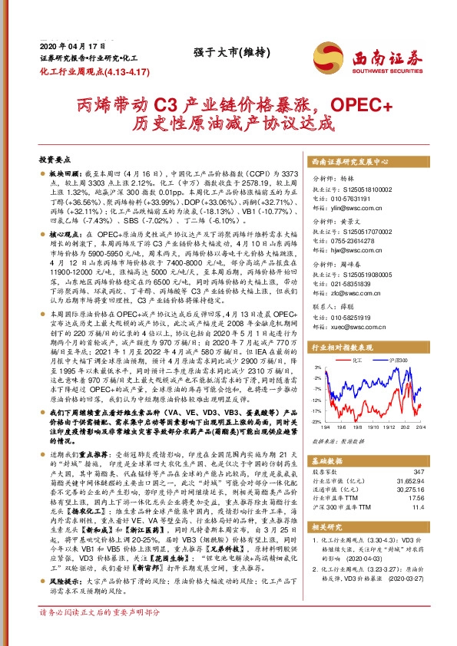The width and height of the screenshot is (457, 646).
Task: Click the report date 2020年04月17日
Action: point(65,46)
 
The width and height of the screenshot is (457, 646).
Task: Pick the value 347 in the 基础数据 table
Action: point(418,470)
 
